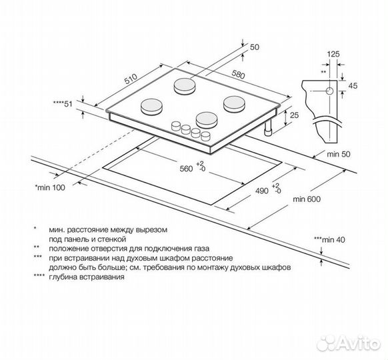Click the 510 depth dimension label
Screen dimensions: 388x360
pyautogui.click(x=131, y=79)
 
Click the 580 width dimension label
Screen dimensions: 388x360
pyautogui.click(x=238, y=75)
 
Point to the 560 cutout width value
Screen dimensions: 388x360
pyautogui.click(x=186, y=169)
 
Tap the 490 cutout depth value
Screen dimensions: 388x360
pyautogui.click(x=262, y=191)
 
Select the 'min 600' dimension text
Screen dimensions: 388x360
pyautogui.click(x=307, y=199)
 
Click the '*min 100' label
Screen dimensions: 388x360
pyautogui.click(x=50, y=187)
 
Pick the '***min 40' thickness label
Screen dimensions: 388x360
pyautogui.click(x=329, y=239)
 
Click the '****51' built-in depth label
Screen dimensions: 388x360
pyautogui.click(x=63, y=104)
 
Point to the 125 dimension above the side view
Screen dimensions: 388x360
pyautogui.click(x=333, y=54)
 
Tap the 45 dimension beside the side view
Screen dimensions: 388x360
pyautogui.click(x=353, y=85)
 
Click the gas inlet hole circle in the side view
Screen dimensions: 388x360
pyautogui.click(x=329, y=91)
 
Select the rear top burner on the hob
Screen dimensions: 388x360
pyautogui.click(x=184, y=86)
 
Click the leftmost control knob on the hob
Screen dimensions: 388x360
pyautogui.click(x=176, y=126)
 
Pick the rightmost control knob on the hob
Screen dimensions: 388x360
pyautogui.click(x=205, y=136)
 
